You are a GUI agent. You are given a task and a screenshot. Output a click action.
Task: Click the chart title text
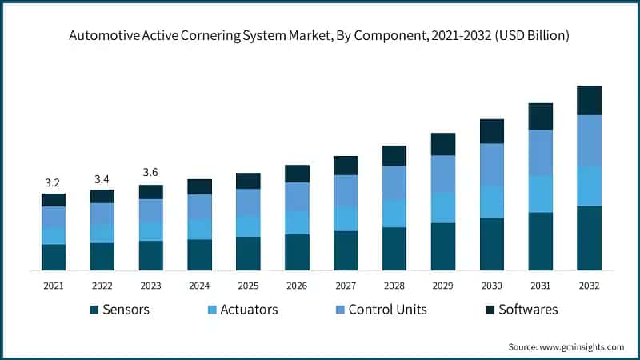tap(319, 36)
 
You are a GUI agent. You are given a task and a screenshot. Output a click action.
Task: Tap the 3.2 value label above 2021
tap(53, 182)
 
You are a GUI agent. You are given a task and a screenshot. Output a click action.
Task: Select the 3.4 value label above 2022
tap(102, 178)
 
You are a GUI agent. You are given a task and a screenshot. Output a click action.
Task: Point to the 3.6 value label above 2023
tap(150, 173)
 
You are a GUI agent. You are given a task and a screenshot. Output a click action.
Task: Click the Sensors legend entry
tap(119, 310)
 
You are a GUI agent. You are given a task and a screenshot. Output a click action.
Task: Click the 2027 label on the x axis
tap(346, 285)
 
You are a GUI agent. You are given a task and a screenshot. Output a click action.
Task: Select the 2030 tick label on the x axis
tap(492, 285)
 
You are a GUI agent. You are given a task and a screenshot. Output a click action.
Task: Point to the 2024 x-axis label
tap(199, 285)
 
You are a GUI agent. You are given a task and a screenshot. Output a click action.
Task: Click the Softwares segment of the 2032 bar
tap(589, 100)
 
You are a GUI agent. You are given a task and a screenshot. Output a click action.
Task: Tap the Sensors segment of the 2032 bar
tap(589, 238)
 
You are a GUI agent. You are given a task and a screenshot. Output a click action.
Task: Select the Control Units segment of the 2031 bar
tap(541, 153)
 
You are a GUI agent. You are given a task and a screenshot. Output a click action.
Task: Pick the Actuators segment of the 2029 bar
tap(443, 207)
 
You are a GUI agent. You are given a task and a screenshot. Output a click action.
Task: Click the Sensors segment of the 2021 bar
tap(54, 257)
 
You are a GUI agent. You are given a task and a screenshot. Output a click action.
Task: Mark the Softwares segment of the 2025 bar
tap(248, 181)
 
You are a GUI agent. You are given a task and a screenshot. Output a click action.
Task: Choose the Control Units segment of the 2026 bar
tap(297, 197)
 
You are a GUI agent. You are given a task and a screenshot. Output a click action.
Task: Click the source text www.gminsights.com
tap(566, 346)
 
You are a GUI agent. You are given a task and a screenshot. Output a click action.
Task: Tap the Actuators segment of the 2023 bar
tap(151, 231)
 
